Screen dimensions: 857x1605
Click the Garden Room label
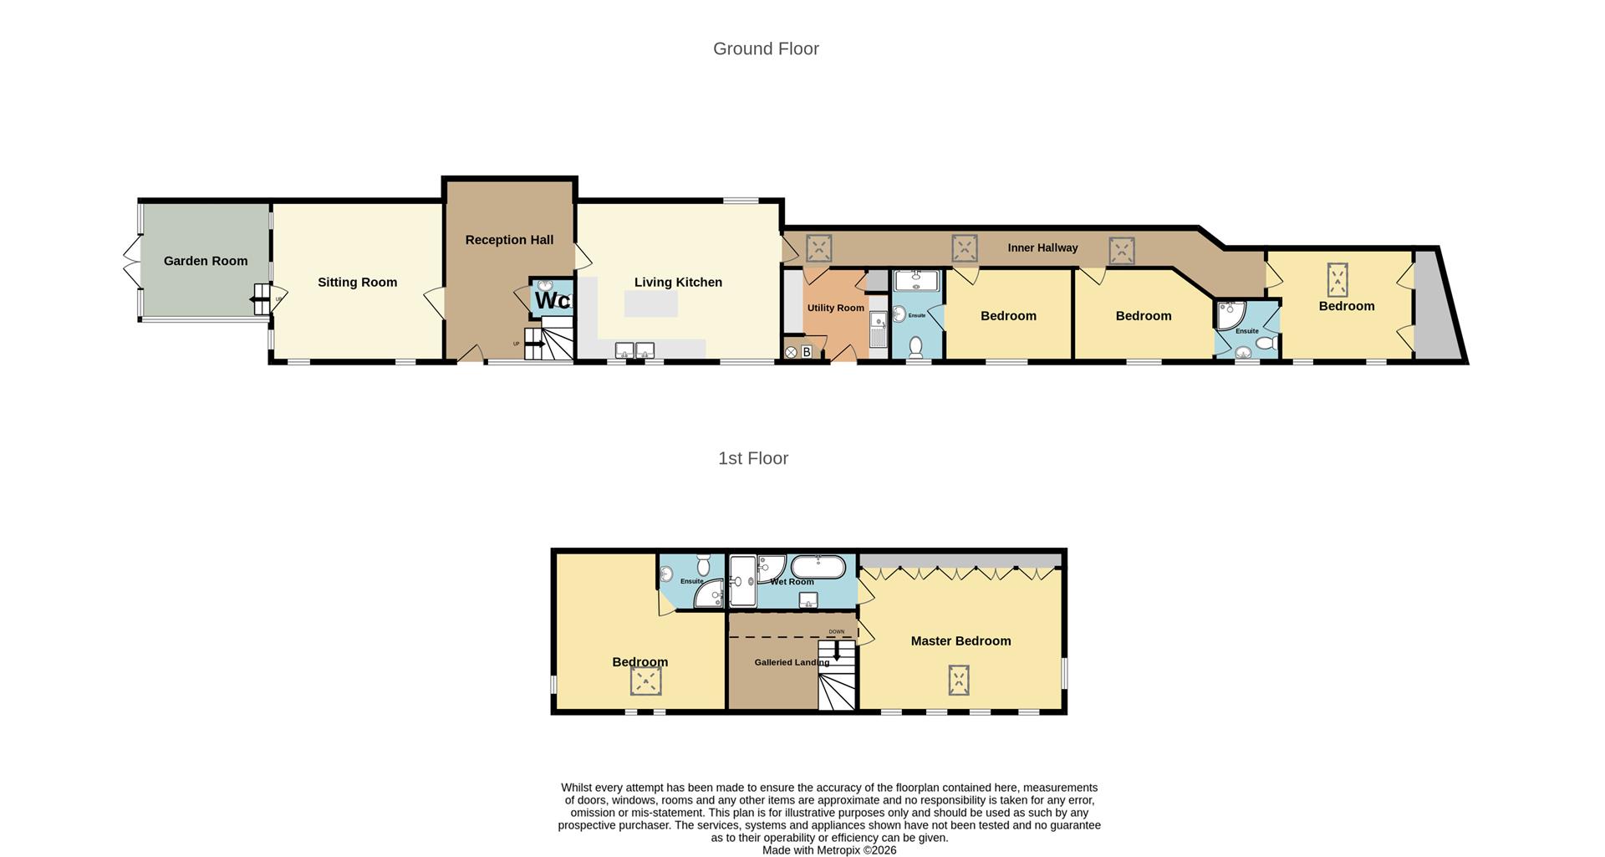[x=205, y=261]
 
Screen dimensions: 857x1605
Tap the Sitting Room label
[x=357, y=283]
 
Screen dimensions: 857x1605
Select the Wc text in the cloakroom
[x=552, y=299]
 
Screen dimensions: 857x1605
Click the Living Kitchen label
[x=678, y=283]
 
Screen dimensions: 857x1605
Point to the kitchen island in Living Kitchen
[x=651, y=304]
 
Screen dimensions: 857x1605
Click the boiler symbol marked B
[x=807, y=352]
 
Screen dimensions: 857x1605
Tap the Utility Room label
[x=835, y=308]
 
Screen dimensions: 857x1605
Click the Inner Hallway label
[x=1042, y=247]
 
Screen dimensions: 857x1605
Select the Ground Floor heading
[x=766, y=48]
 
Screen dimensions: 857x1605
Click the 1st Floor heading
[x=753, y=458]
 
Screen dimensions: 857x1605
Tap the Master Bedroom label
[x=960, y=641]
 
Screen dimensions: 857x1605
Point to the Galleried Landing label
[x=792, y=662]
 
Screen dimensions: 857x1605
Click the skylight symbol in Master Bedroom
[x=959, y=680]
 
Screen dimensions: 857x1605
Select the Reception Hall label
[x=509, y=240]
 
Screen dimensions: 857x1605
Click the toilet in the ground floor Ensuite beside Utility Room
[x=915, y=345]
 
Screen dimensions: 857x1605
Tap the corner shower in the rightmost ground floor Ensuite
[x=1229, y=314]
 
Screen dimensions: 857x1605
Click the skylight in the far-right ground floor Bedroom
[x=1337, y=280]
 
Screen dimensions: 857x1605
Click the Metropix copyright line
[x=828, y=849]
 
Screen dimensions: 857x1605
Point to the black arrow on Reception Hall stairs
[x=534, y=343]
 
